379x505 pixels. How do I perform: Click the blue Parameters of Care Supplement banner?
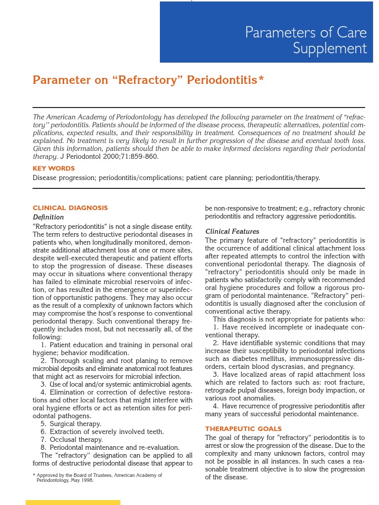click(266, 33)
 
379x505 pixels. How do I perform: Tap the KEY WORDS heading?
click(54, 169)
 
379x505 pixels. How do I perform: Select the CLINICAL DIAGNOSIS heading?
click(70, 208)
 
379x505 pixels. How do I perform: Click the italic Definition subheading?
click(48, 217)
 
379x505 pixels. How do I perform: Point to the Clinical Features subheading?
click(232, 231)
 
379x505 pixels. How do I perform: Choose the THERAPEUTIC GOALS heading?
click(243, 429)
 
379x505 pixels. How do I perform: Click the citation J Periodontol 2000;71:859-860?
click(109, 156)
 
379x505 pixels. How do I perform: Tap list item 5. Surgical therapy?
click(71, 424)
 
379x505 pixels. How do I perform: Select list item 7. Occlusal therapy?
click(72, 439)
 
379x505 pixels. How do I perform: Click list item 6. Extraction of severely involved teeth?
click(102, 432)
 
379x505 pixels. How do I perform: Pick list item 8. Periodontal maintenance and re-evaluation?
click(110, 447)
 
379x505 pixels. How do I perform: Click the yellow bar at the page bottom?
click(73, 503)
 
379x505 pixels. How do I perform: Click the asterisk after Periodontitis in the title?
click(261, 79)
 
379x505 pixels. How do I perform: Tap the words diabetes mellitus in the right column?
click(249, 359)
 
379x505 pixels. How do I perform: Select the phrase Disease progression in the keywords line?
click(64, 178)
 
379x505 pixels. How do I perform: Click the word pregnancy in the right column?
click(339, 366)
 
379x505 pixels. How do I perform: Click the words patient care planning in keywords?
click(219, 178)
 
